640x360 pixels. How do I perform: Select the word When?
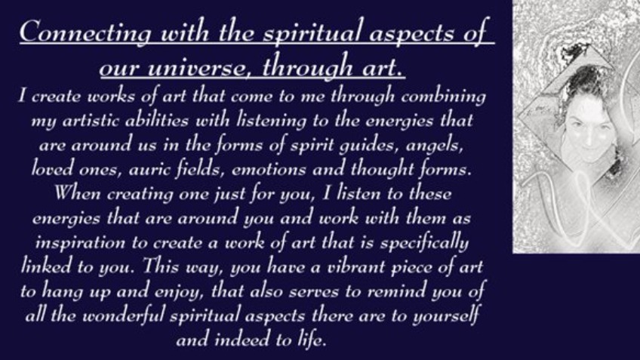tap(77, 193)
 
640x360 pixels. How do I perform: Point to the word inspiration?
tap(80, 243)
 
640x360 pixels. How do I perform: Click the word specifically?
tap(424, 242)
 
